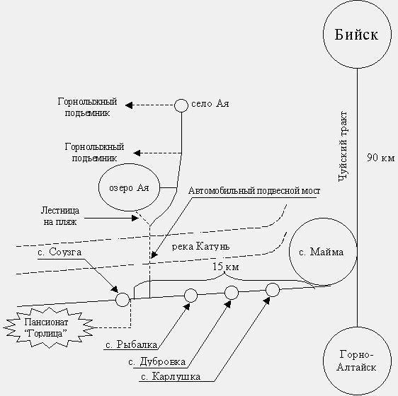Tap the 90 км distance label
pos(381,158)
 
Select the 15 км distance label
pos(225,267)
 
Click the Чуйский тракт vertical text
pos(343,146)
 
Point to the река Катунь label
pos(200,246)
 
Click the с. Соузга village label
pos(59,252)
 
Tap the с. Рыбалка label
pos(132,345)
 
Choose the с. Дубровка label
pos(157,362)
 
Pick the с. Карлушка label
pos(171,376)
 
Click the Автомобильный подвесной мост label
pos(254,191)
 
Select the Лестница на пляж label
pos(60,216)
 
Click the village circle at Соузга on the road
pos(123,299)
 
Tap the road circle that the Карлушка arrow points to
pos(273,290)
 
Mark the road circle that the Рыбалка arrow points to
pos(191,296)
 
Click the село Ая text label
pos(210,104)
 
